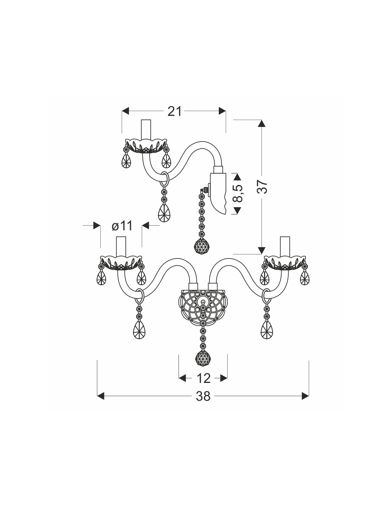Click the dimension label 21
click(x=174, y=111)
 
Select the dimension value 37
click(x=262, y=187)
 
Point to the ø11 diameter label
click(x=122, y=226)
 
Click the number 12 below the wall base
click(x=203, y=378)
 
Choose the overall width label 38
click(x=203, y=396)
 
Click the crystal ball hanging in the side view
click(x=202, y=246)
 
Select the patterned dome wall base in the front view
click(x=203, y=307)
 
